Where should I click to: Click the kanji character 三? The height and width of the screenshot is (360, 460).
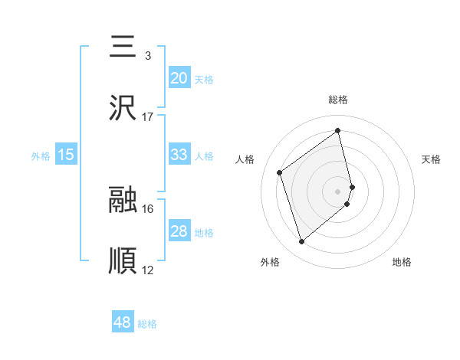(x=123, y=47)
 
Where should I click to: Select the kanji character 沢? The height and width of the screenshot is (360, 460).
(x=123, y=108)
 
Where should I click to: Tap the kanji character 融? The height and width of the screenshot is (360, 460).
(x=123, y=200)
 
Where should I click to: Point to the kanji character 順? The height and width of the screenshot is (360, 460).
(x=123, y=261)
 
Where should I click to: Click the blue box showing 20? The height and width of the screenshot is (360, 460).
(x=179, y=78)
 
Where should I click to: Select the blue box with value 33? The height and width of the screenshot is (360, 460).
(x=179, y=155)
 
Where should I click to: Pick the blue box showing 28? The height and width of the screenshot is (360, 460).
(x=179, y=231)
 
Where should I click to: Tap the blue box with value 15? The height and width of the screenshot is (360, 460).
(x=66, y=155)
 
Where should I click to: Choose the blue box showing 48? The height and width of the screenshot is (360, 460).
(x=123, y=322)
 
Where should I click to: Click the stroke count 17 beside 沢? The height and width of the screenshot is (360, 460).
(x=148, y=117)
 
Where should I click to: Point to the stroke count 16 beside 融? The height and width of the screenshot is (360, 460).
(x=148, y=208)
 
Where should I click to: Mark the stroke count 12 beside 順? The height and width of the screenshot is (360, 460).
(x=148, y=270)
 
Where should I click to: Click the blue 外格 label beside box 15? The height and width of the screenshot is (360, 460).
(x=41, y=155)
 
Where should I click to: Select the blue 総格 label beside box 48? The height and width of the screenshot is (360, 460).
(x=147, y=324)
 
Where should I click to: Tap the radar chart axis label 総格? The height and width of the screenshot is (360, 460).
(x=338, y=100)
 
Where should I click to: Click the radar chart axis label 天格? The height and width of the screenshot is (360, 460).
(x=432, y=159)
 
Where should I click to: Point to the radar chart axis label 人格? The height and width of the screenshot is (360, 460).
(x=245, y=159)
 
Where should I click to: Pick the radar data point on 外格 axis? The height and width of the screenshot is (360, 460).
(x=302, y=242)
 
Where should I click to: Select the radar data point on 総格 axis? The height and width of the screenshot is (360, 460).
(x=338, y=131)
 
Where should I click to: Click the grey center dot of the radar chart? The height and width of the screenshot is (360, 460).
(x=338, y=191)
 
